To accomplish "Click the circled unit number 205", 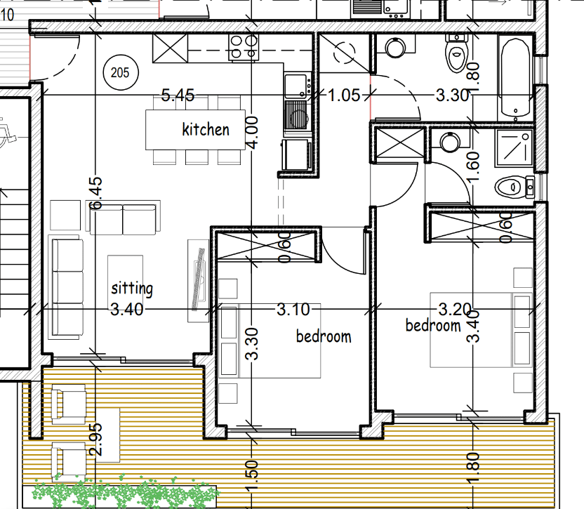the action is pos(120,72).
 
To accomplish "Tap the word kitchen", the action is pos(206,130).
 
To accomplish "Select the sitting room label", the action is pos(132,289).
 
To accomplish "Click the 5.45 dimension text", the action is pos(178,95).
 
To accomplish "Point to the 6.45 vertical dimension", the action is pos(95,193).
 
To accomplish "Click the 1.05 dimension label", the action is pos(344,95).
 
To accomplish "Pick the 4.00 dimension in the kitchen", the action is pos(252,133).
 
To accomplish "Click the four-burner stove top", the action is pos(244,47).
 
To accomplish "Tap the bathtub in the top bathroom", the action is pos(515,77).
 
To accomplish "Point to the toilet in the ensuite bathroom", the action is pos(515,187).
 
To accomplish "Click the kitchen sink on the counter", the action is pos(297,86).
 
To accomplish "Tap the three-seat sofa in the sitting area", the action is pos(66,287).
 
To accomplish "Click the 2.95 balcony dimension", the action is pos(95,439).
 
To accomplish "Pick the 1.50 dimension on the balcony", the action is pos(252,476).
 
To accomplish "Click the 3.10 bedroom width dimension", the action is pos(293,310).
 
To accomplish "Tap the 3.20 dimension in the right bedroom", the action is pos(455,309).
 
